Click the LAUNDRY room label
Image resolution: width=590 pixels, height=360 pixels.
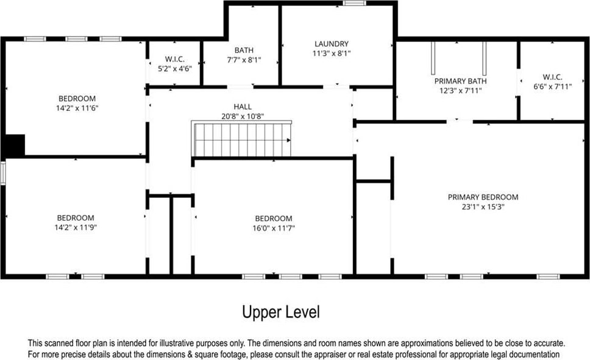point(332,44)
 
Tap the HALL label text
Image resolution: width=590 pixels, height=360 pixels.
point(243,107)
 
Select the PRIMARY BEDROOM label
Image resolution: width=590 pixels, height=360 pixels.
point(483,197)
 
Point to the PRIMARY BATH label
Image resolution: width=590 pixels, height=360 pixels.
point(461,81)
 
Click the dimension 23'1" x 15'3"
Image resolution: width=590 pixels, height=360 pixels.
point(483,206)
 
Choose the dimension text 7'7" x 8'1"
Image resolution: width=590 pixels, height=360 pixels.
point(244,60)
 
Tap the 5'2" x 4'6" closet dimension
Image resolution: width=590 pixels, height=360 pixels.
point(174,68)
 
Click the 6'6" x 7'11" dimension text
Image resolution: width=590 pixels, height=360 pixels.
point(552,86)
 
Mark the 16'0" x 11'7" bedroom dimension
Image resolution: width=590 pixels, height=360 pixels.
point(274,228)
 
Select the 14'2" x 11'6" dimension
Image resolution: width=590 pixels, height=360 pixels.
point(77,108)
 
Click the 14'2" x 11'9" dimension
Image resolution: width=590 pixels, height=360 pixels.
point(76,227)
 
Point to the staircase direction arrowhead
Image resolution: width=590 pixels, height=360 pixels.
point(289,140)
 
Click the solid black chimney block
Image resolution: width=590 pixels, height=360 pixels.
point(15,146)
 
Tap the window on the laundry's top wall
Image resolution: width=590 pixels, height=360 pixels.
point(354,3)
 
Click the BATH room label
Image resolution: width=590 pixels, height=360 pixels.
point(244,50)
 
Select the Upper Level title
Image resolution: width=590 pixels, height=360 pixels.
point(281,312)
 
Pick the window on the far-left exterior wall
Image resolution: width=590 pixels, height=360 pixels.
point(2,173)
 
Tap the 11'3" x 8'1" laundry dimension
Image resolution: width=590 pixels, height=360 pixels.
point(332,54)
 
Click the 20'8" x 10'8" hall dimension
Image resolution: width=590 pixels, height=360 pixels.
point(243,116)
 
